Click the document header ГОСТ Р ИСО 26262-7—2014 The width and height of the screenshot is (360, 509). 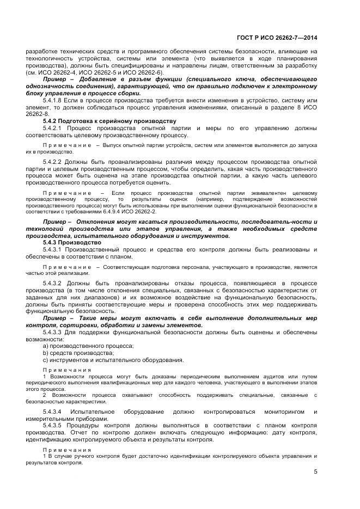(277, 38)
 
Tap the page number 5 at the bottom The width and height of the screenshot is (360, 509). (315, 472)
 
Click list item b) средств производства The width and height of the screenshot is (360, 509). (78, 353)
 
